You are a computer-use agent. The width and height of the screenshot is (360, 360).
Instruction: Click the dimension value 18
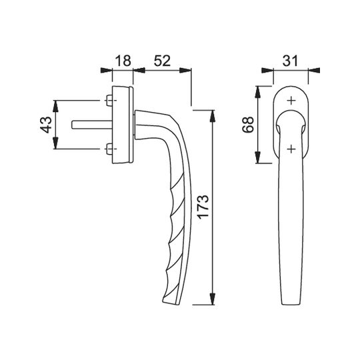click(x=123, y=61)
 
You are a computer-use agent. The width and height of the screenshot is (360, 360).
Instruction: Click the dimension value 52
click(x=162, y=61)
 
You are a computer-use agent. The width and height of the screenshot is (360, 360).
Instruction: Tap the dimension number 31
click(x=290, y=61)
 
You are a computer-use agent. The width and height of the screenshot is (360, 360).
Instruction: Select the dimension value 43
click(x=46, y=125)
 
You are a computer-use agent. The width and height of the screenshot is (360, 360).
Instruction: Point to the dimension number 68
click(x=248, y=125)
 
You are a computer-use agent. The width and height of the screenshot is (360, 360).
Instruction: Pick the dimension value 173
click(x=203, y=207)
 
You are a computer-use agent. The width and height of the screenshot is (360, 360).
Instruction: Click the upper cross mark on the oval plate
click(x=291, y=101)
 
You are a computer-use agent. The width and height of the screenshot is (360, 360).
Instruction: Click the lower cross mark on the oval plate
click(x=291, y=149)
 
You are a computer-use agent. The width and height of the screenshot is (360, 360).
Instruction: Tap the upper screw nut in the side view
click(x=109, y=101)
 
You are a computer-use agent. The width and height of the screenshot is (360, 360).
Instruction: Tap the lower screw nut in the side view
click(x=109, y=149)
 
